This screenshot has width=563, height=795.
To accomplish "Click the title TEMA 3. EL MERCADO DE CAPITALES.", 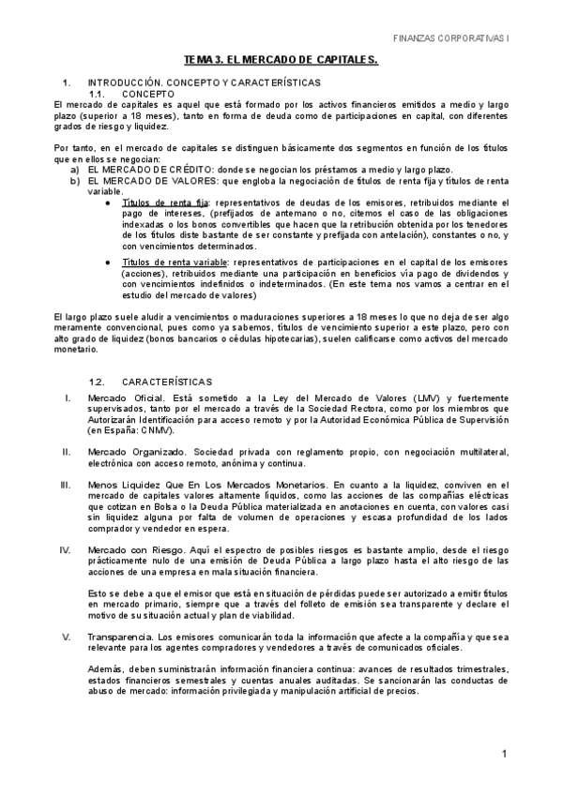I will (x=281, y=60).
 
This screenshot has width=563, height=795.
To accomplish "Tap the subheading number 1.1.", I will (x=100, y=94).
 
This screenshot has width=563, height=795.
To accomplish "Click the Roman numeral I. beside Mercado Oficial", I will (x=68, y=398).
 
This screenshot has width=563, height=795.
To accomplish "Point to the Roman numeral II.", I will (x=67, y=452).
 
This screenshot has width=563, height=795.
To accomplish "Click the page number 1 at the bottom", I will (x=505, y=754).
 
